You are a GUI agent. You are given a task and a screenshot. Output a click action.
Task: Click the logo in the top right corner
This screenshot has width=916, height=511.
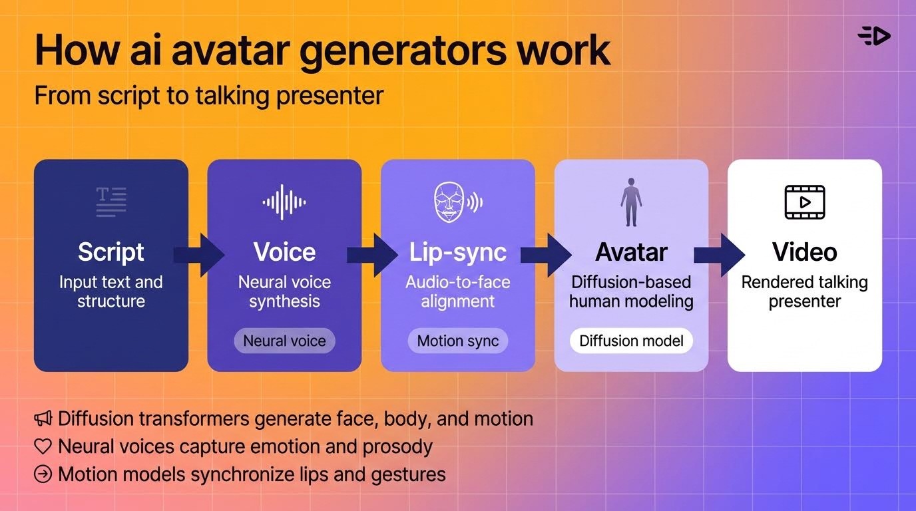pos(874,36)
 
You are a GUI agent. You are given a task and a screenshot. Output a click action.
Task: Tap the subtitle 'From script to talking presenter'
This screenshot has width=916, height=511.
pos(208,95)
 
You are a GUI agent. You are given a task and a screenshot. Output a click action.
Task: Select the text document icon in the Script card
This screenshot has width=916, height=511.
pos(111,202)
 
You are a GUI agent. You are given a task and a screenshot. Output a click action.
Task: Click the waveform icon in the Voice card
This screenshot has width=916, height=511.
pos(284,202)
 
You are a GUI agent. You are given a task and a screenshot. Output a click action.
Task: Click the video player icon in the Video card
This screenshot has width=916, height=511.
pos(804,202)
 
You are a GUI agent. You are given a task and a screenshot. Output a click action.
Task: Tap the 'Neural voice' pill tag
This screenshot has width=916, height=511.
pos(284,341)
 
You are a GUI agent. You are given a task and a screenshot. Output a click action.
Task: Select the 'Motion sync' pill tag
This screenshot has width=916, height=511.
pos(457,341)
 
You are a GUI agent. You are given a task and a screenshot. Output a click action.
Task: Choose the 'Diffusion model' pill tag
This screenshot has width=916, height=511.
pos(631,341)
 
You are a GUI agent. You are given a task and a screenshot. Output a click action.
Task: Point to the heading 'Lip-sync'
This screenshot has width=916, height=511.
pos(457,252)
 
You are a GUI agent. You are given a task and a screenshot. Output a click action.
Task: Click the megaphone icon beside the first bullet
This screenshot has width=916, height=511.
pos(43,419)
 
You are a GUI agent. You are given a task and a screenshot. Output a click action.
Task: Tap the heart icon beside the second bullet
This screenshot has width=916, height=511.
pos(43,446)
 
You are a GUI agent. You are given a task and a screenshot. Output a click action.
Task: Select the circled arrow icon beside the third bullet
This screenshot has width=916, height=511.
pos(43,474)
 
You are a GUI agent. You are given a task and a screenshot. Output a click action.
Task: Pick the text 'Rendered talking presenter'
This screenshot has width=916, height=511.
pos(804,291)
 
